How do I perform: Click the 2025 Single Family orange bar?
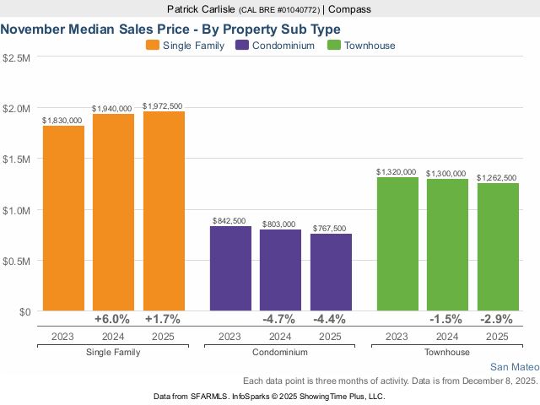click(164, 211)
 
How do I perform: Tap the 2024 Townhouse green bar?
click(447, 245)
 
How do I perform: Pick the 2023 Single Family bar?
click(63, 219)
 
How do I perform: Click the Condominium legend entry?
click(276, 46)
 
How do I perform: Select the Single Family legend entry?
click(186, 46)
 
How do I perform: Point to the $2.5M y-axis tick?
click(17, 58)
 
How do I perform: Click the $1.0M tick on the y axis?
click(17, 210)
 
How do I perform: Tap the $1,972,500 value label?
click(164, 106)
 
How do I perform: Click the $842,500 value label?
click(230, 221)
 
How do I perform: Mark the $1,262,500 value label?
click(498, 178)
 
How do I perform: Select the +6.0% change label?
click(114, 320)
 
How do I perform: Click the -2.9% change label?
click(498, 320)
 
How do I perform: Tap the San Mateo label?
click(513, 367)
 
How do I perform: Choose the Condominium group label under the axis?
click(280, 352)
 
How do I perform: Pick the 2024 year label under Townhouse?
click(447, 336)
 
